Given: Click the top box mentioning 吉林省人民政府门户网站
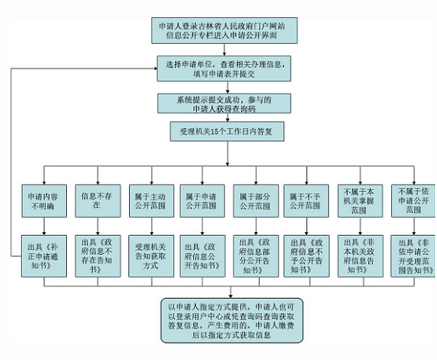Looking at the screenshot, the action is point(224,30).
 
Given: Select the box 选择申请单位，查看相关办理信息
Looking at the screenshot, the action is point(224,69).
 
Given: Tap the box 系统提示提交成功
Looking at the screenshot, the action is point(224,103).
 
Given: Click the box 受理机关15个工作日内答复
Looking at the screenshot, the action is point(227,131).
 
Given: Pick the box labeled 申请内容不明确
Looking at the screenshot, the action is point(44,201).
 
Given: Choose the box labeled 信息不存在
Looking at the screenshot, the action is point(98,201).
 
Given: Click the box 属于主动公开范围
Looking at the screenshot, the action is point(152,201).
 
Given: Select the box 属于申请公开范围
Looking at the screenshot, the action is point(203,201).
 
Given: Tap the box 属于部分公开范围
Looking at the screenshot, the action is point(256,201).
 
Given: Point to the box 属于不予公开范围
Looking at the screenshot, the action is point(307,201).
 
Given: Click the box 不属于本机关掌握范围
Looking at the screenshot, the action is point(360,201).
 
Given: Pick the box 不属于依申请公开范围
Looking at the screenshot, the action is point(414,201).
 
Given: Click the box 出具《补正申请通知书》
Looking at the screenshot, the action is point(44,256).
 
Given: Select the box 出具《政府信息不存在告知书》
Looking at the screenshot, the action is point(98,256).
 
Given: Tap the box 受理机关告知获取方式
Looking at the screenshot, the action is point(152,256).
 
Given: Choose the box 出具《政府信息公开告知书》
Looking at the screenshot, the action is point(203,256).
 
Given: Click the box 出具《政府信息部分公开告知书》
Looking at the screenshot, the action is point(256,256).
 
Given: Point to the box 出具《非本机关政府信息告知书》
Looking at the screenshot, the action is point(360,256).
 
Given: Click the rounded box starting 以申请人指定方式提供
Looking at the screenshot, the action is point(232,320).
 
